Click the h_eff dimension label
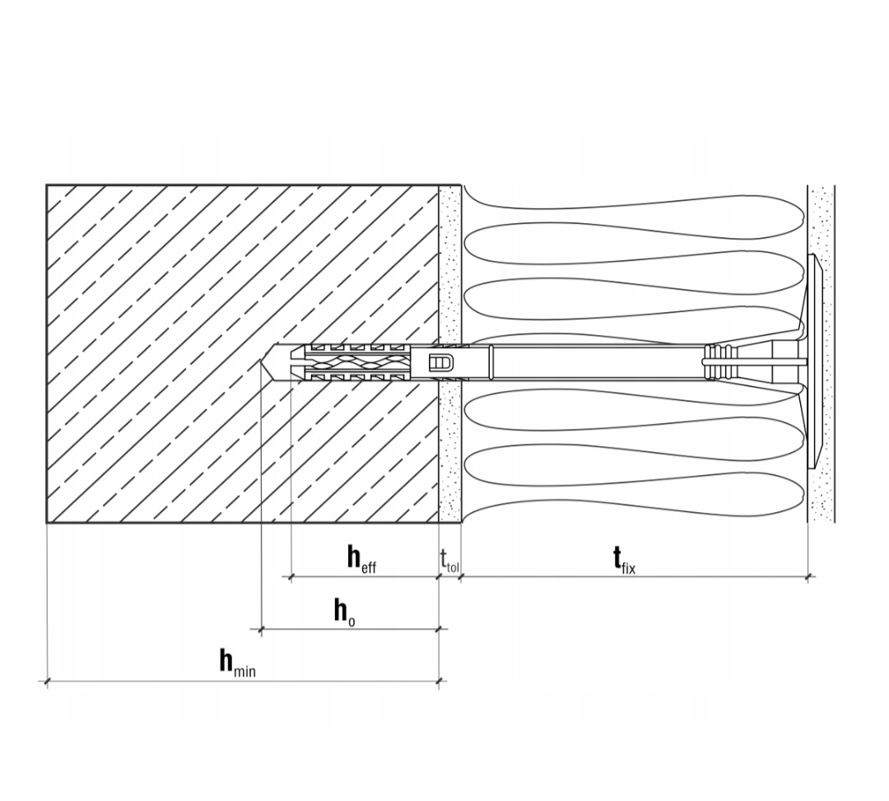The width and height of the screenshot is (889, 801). click(361, 559)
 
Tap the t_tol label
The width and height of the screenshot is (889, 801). click(449, 561)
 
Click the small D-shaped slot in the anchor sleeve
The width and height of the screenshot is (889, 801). click(440, 362)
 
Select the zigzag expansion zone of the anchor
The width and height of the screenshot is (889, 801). click(356, 362)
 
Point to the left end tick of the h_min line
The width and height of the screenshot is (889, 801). click(47, 681)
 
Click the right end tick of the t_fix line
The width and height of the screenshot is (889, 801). click(809, 577)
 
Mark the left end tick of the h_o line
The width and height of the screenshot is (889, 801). click(261, 630)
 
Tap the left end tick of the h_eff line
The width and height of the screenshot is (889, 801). click(291, 577)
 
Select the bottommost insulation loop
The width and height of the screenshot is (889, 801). click(634, 494)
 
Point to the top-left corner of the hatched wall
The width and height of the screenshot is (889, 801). click(47, 185)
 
